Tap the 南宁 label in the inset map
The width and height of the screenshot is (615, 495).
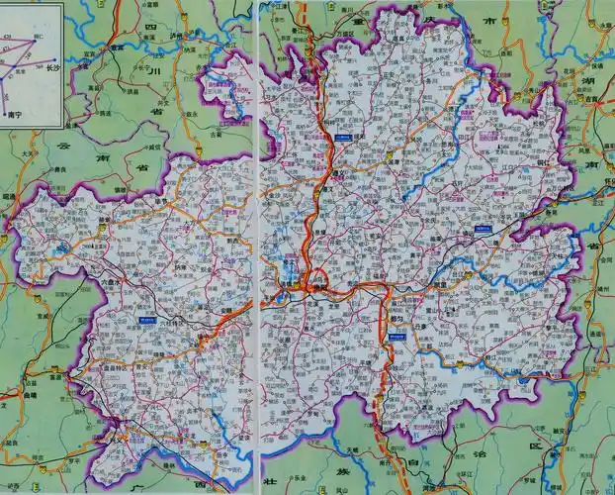point(15,114)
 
